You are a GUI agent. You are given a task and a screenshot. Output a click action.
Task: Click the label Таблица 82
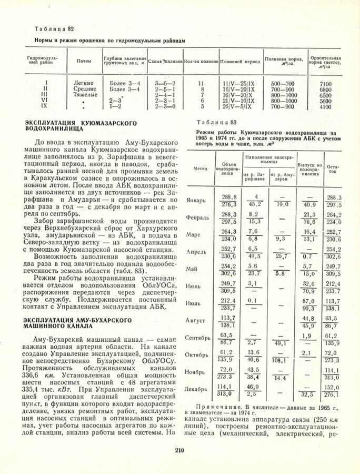point(51,28)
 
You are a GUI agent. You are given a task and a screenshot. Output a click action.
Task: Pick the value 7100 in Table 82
point(325,84)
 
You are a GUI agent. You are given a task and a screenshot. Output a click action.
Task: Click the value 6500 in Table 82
point(325,95)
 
